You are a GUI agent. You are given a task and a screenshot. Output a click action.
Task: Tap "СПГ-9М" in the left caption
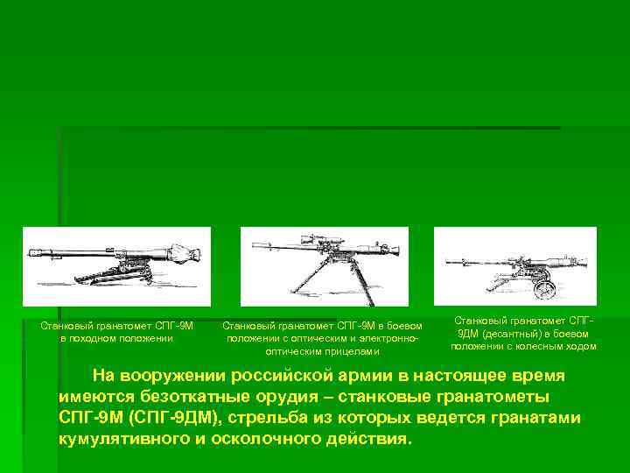click(x=173, y=326)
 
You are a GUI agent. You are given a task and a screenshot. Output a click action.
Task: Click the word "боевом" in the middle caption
click(x=404, y=326)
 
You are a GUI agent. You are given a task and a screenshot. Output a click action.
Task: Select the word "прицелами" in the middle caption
click(x=355, y=350)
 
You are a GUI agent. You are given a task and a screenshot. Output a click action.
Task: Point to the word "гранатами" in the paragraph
click(x=535, y=418)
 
